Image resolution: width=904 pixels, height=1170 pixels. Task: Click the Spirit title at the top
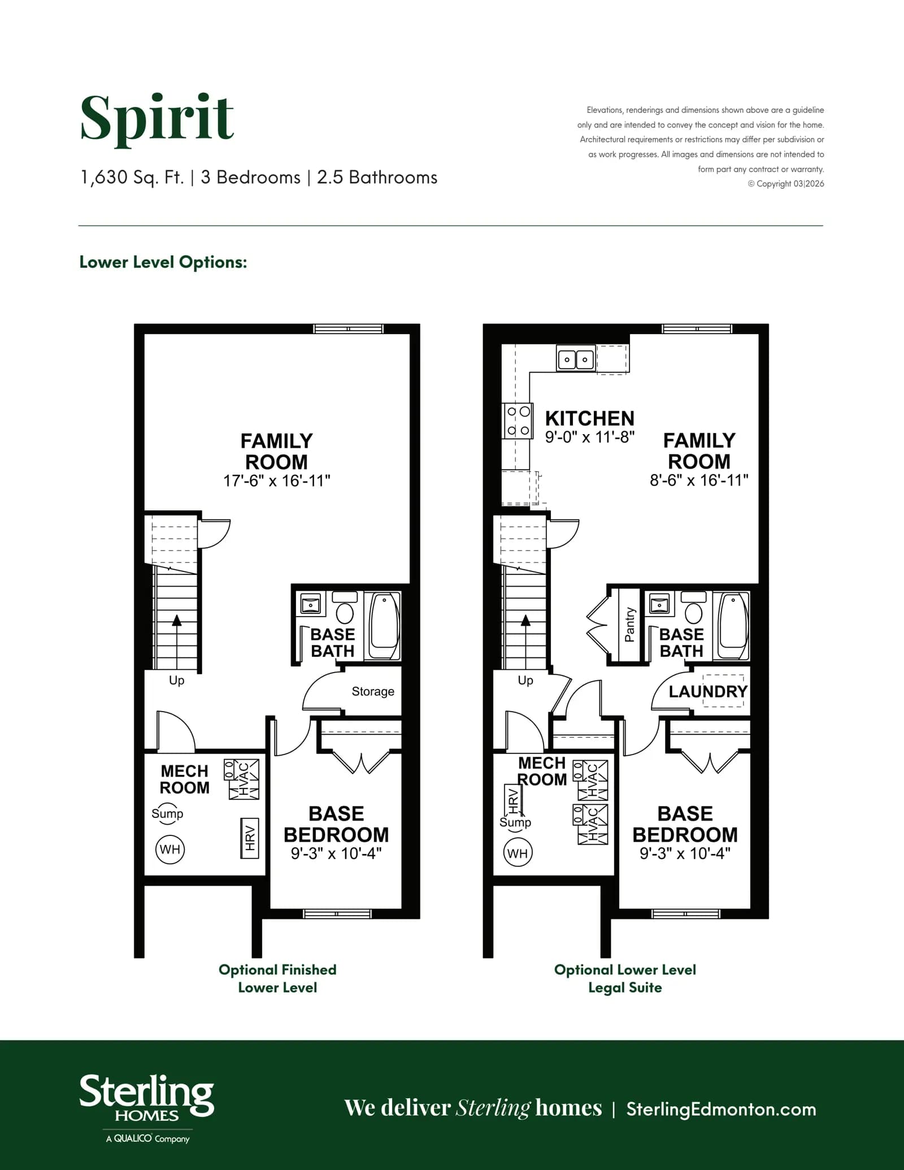coord(157,118)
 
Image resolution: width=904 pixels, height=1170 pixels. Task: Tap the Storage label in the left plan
coord(373,691)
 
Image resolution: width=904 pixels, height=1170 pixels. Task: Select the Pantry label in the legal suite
coord(629,625)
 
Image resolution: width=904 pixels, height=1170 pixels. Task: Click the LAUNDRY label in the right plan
coord(708,691)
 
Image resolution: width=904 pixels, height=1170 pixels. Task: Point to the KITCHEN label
coord(589,418)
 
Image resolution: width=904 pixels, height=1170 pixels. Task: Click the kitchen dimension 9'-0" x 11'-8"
coord(589,437)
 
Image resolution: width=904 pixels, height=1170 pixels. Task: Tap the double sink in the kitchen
coord(576,359)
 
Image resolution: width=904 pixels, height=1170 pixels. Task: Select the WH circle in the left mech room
coord(170,849)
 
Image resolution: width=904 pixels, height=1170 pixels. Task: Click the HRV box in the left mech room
coord(250,838)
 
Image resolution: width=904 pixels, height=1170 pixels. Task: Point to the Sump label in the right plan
coord(515,822)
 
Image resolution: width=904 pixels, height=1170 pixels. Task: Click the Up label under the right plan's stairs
coord(525,681)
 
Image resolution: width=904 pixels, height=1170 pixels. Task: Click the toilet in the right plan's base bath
coord(693,608)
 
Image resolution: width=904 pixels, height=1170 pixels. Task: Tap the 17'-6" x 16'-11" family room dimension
coord(276,481)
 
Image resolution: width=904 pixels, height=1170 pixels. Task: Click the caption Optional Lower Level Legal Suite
coord(625,978)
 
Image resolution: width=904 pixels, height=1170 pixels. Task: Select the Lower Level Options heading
coord(163,262)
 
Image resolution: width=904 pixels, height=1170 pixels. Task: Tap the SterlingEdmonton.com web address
coord(721,1109)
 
